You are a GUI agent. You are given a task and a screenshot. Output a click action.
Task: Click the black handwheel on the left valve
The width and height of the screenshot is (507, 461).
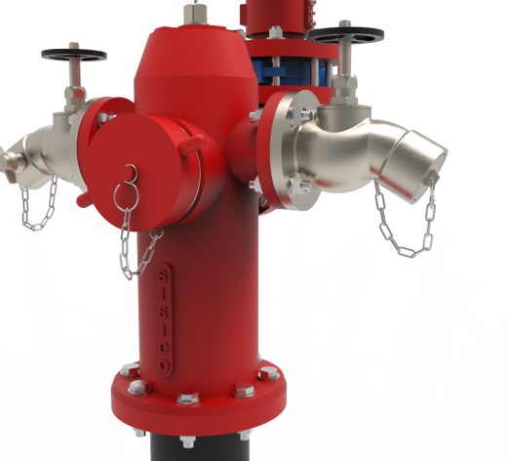coord(74,55)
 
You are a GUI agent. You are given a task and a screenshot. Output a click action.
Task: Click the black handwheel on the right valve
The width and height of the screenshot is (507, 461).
coord(345,35)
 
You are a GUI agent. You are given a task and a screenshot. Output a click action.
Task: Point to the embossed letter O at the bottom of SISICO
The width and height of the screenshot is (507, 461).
coord(165,365)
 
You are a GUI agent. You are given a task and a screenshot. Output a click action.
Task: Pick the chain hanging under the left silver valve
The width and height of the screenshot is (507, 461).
coord(37,203)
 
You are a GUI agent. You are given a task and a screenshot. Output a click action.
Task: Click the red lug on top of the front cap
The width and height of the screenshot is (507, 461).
coord(192,145)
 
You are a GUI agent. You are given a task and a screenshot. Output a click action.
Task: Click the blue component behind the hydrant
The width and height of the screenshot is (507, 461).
coord(290,71)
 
